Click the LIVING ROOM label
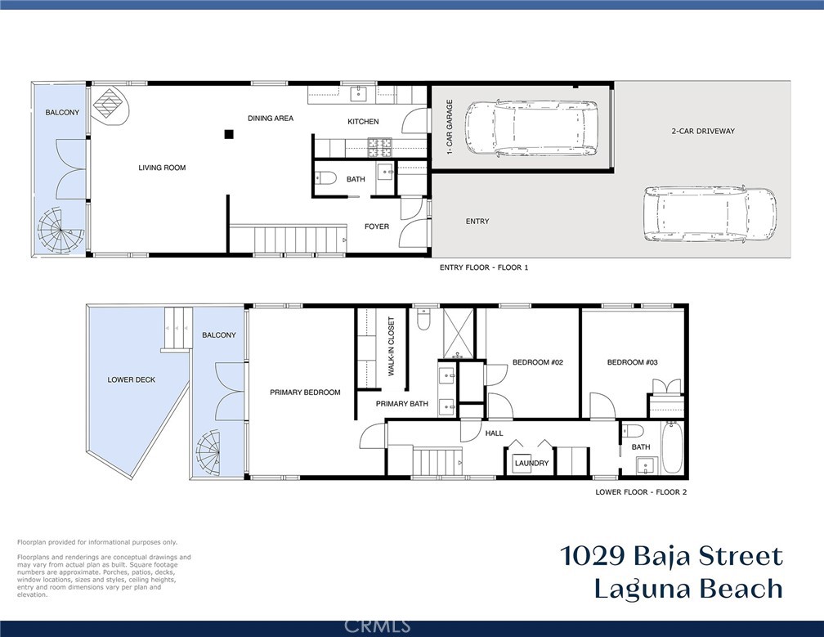(x=162, y=168)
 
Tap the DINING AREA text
(x=271, y=119)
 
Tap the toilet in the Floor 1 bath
(x=327, y=178)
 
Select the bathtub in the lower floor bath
(x=672, y=447)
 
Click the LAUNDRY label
(x=531, y=464)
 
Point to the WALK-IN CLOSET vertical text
(x=392, y=346)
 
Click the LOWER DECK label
(x=132, y=379)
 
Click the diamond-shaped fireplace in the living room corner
(x=111, y=105)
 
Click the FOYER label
(x=377, y=227)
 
